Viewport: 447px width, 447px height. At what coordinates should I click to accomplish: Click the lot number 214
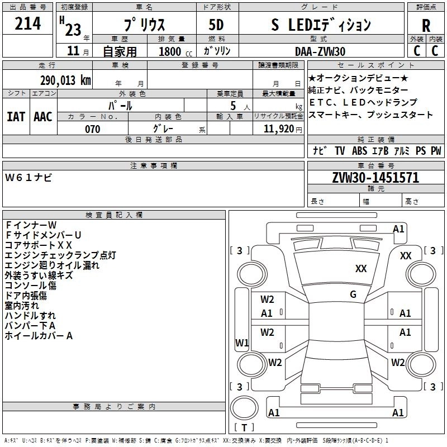pos(28,24)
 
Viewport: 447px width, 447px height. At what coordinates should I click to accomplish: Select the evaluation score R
pos(426,25)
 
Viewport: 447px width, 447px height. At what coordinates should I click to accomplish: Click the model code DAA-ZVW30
pos(320,51)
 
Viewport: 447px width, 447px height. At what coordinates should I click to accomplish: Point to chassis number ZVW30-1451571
pos(375,178)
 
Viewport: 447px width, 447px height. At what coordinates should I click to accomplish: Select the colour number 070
pos(93,130)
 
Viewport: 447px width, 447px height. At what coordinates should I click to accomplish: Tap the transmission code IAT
pos(16,117)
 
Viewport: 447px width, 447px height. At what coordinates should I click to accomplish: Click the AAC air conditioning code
pos(43,117)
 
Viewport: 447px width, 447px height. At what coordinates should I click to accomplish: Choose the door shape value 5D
pos(216,25)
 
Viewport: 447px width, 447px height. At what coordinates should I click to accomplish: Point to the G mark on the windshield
pos(353,294)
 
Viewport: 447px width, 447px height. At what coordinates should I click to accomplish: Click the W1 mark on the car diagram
pos(242,343)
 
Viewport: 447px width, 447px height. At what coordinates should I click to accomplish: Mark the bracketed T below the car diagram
pos(244,427)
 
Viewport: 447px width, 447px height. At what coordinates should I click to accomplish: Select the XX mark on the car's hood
pos(362,269)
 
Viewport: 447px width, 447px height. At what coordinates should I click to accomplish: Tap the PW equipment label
pos(435,151)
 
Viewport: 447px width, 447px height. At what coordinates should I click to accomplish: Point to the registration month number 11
pos(73,51)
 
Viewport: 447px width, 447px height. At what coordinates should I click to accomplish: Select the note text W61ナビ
pos(28,177)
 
